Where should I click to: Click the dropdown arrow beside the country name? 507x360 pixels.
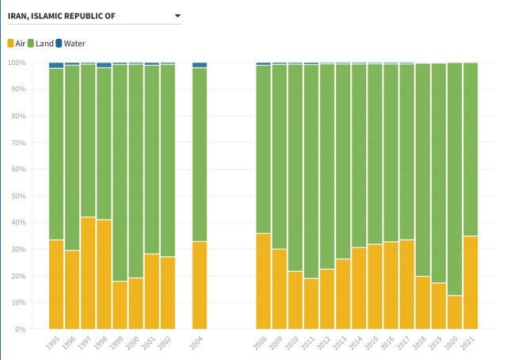tap(177, 16)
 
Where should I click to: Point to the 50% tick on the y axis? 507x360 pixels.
tap(17, 196)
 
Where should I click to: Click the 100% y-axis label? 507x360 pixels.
tap(16, 63)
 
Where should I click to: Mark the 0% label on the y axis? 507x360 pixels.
tap(20, 329)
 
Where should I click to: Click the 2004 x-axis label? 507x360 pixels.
tap(197, 342)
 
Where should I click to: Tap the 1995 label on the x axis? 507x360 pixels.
tap(53, 342)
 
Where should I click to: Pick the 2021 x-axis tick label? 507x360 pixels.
tap(469, 342)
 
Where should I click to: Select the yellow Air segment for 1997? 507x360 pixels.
tap(88, 273)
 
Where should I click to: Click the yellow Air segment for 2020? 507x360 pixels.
tap(455, 312)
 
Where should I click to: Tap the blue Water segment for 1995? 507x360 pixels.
tap(55, 65)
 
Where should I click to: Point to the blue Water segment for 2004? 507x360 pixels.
tap(200, 65)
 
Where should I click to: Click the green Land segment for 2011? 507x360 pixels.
tap(311, 171)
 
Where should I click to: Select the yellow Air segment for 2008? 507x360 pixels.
tap(263, 281)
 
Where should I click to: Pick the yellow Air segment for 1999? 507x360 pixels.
tap(120, 304)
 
